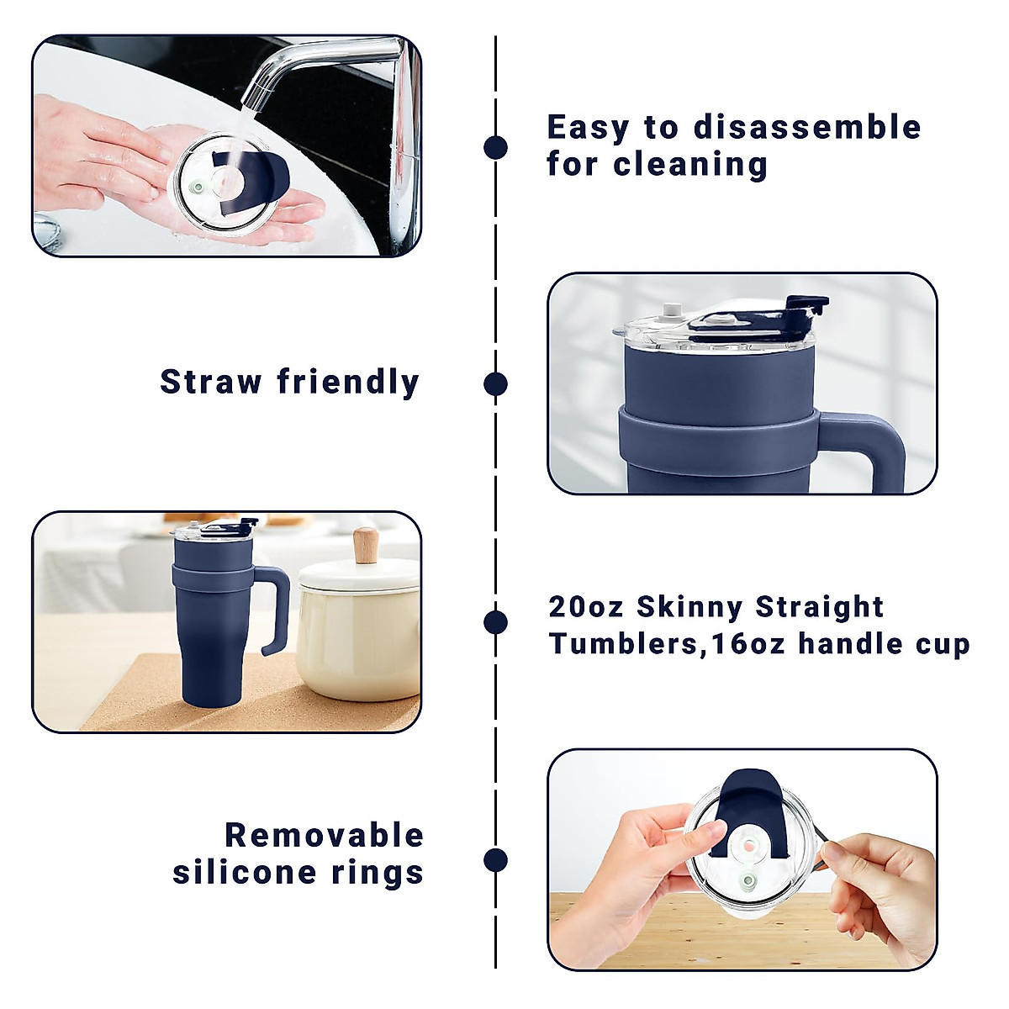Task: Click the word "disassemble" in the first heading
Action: (807, 128)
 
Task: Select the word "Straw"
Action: (211, 382)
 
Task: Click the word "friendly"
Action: (348, 383)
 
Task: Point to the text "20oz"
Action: (586, 607)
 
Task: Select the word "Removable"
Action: (325, 836)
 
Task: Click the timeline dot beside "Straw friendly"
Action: (496, 384)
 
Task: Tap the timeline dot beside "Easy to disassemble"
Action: (496, 147)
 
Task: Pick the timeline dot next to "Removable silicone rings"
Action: (496, 860)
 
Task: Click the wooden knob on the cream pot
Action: (366, 546)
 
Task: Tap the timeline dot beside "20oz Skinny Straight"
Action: (496, 622)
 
